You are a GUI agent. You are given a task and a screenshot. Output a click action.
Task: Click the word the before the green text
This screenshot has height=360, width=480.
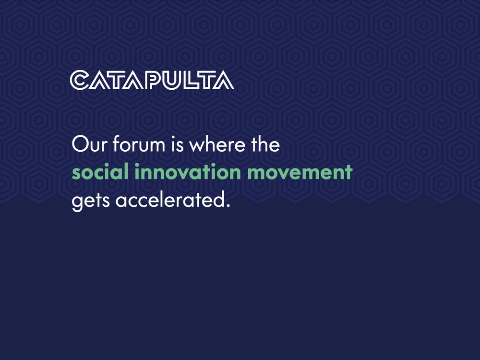263,144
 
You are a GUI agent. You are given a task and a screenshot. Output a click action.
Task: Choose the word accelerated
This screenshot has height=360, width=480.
166,201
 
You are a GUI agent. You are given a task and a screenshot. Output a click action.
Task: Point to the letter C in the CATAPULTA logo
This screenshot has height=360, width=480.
79,80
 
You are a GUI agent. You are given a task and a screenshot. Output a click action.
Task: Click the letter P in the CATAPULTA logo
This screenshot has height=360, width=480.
155,80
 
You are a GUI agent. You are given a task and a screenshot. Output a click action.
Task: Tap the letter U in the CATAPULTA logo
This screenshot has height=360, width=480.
174,80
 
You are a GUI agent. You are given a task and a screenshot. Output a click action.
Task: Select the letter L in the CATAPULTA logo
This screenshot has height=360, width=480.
192,80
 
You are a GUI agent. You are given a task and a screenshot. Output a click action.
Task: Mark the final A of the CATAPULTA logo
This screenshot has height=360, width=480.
224,81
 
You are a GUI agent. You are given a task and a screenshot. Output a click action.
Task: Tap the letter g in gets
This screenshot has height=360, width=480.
77,203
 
